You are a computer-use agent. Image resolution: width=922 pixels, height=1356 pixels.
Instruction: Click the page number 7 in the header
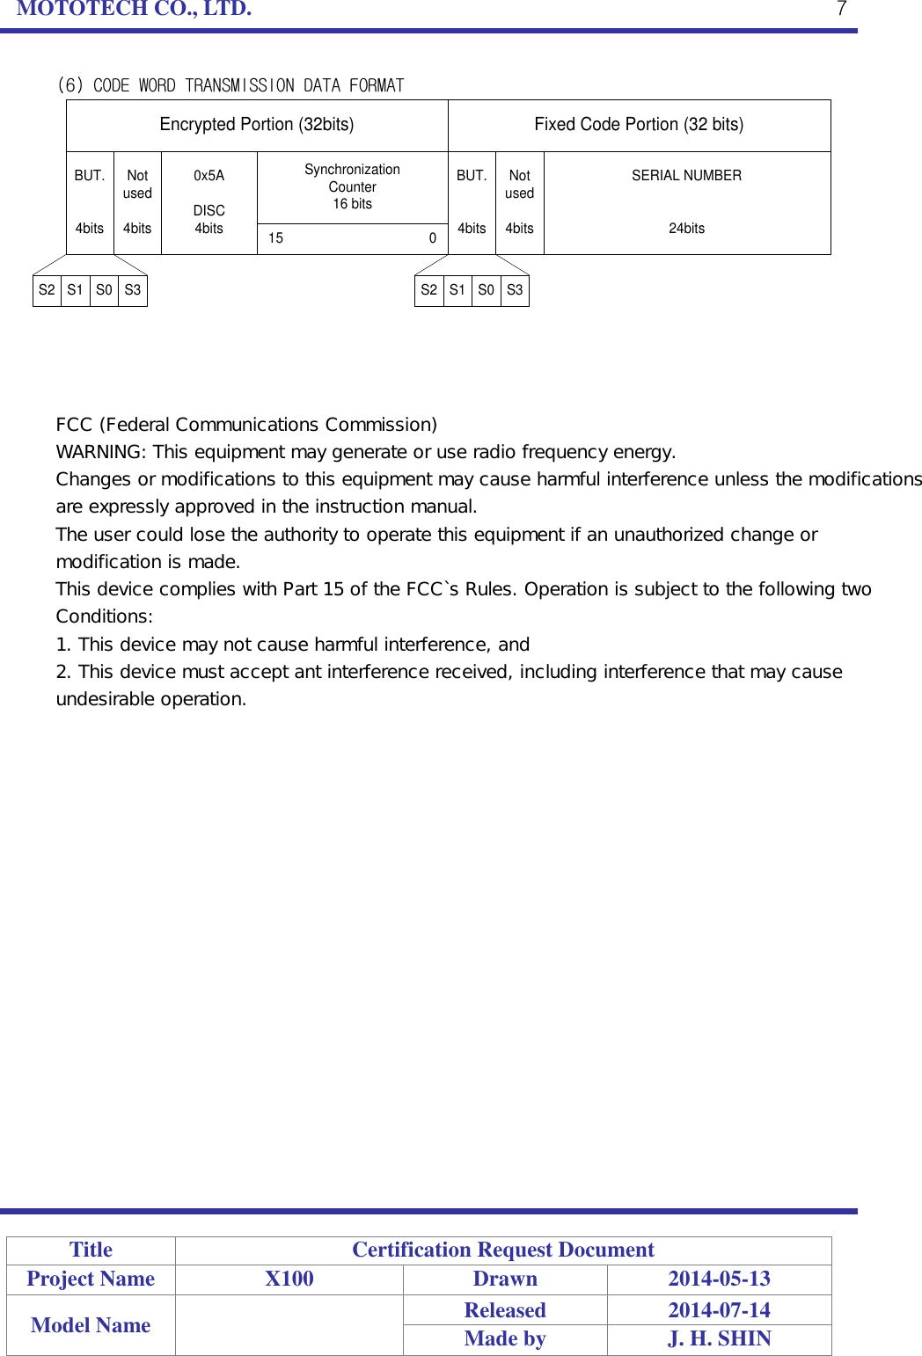point(841,9)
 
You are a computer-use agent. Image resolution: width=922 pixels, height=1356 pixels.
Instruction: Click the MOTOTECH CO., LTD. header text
point(134,9)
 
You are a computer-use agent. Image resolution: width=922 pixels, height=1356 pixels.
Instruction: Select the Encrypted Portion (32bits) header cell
point(257,125)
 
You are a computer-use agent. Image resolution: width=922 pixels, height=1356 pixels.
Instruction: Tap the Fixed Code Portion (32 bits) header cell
point(639,125)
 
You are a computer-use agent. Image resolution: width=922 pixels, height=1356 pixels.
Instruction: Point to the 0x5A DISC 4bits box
point(209,202)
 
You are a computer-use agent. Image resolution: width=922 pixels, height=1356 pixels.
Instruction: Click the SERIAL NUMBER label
point(686,176)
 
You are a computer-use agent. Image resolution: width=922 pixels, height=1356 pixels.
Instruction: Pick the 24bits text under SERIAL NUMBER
point(686,229)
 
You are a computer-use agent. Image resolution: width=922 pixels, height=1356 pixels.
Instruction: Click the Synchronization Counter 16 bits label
point(352,186)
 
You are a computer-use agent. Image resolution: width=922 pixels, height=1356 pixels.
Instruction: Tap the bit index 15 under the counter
point(276,238)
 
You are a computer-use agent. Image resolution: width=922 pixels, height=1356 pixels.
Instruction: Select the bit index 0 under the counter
point(433,238)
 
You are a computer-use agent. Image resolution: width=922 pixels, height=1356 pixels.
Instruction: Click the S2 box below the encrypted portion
point(47,290)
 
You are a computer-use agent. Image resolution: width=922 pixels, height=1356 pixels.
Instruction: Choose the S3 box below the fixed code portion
point(516,290)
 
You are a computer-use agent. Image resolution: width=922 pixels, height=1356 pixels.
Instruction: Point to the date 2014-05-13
point(719,1279)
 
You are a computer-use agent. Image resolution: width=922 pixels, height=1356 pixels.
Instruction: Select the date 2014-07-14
point(719,1310)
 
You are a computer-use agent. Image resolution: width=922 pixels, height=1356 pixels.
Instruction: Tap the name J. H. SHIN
point(719,1338)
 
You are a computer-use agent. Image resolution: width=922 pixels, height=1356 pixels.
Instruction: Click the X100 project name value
point(289,1279)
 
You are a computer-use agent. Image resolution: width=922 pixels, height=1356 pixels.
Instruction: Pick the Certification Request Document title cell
point(503,1250)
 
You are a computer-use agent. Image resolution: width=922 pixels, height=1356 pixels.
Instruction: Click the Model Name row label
point(91,1325)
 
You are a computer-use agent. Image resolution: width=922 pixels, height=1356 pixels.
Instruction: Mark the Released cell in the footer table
point(505,1310)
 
